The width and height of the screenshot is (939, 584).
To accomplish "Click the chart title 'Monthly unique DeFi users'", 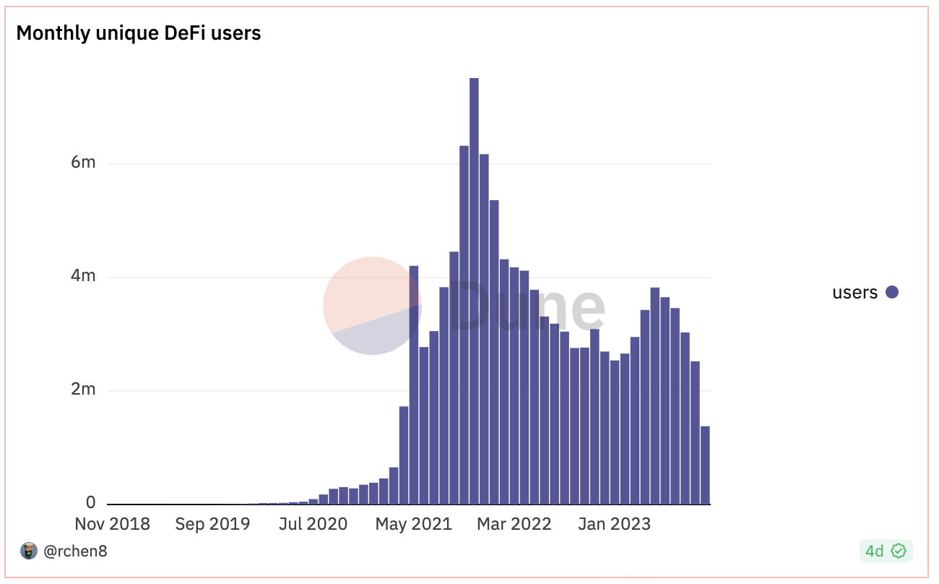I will (x=138, y=33).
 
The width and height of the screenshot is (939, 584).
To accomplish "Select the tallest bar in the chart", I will (x=474, y=289).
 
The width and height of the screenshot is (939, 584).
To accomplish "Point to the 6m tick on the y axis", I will (x=83, y=163).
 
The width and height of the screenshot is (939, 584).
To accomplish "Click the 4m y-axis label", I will (x=83, y=276).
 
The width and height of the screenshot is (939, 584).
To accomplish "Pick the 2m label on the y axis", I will (x=83, y=390).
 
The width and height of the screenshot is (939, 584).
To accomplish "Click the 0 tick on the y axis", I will (x=91, y=502).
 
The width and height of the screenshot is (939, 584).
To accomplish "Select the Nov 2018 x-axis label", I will (x=113, y=524).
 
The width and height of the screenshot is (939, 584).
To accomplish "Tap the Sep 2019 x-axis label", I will (x=212, y=524).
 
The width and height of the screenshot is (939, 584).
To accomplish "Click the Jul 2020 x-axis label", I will (x=313, y=524).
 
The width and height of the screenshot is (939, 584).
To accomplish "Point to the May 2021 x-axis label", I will (x=413, y=524).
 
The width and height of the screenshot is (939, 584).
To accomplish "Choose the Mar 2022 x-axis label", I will (x=514, y=524).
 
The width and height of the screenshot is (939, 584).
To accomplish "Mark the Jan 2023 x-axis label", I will (x=614, y=524).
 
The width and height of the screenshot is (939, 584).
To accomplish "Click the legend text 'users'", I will (x=854, y=293).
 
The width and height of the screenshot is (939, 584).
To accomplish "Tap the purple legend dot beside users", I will (x=892, y=293).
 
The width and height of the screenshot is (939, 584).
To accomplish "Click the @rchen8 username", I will (x=75, y=551).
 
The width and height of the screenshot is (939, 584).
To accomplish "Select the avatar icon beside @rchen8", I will (x=29, y=551).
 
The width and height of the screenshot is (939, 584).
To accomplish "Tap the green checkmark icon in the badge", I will (x=899, y=551).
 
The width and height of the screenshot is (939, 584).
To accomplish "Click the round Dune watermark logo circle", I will (x=372, y=306).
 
